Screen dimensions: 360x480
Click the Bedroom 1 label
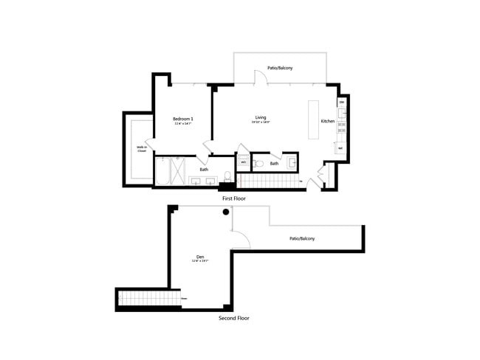(183, 119)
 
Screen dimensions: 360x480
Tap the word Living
(261, 117)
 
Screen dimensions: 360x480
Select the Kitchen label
(328, 121)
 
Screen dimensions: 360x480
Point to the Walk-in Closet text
(140, 148)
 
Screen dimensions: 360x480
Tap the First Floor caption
(234, 198)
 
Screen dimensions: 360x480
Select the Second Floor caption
(234, 318)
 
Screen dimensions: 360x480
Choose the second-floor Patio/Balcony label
(301, 238)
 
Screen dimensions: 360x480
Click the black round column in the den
(227, 212)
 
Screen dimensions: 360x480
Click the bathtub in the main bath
(161, 173)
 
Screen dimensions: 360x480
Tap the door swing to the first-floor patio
(258, 77)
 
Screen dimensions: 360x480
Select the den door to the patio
(240, 238)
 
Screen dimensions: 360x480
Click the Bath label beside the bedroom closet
(204, 169)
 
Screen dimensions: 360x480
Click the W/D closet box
(243, 162)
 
